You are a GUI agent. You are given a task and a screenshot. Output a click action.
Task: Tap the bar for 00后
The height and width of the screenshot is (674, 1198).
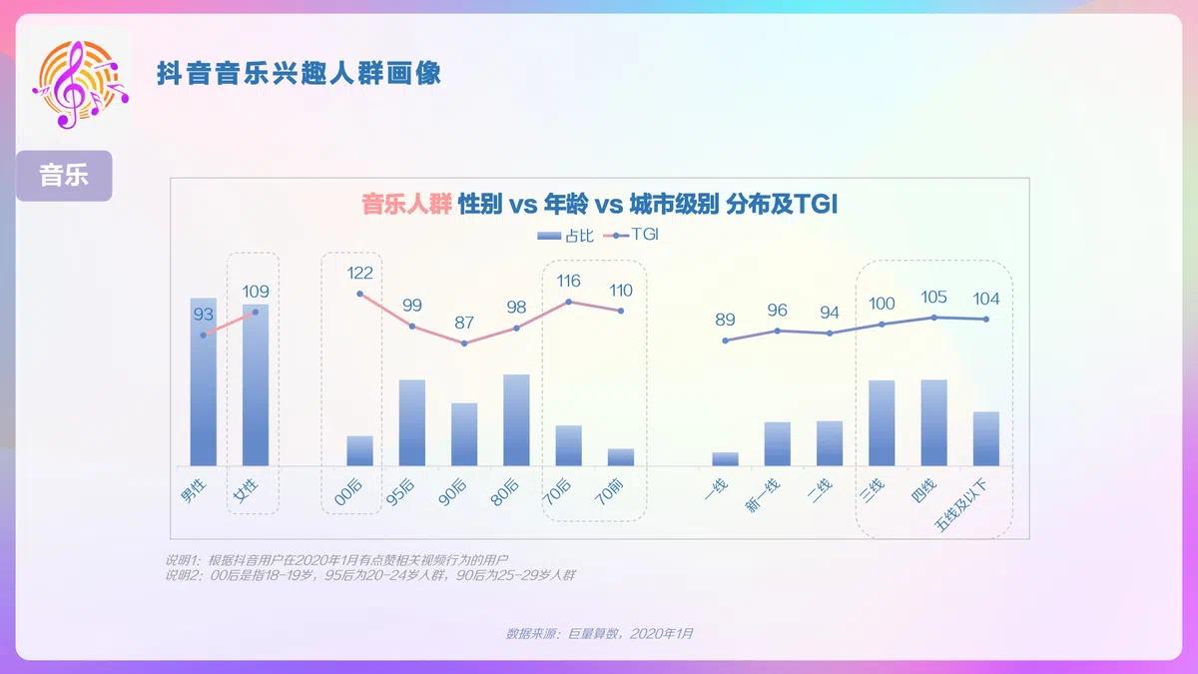coord(359,450)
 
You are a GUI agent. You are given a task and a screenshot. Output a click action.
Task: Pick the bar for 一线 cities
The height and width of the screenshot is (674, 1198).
coord(726,458)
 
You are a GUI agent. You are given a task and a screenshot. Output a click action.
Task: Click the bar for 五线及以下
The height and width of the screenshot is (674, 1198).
coord(986,438)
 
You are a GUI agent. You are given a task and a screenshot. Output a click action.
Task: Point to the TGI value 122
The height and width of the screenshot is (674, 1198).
coord(359,273)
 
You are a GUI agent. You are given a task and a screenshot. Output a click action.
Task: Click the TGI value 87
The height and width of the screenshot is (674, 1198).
coord(464,324)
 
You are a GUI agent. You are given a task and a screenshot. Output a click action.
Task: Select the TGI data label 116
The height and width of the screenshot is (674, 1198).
coord(568,281)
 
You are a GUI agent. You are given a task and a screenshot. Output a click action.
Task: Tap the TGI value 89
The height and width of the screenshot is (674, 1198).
coord(725,320)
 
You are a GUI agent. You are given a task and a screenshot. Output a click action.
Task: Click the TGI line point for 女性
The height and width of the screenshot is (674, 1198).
coord(256,313)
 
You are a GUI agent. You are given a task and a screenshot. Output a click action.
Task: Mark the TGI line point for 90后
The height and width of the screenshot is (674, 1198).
coord(464,343)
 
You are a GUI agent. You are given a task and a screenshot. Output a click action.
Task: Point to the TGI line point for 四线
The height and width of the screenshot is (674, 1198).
coord(934,318)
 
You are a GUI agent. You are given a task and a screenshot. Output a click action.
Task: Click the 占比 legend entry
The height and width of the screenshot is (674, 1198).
coord(565,236)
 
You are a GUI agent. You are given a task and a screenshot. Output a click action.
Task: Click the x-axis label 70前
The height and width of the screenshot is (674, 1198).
coord(609,493)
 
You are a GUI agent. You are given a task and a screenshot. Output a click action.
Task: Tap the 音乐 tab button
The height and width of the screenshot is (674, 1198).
coord(64,176)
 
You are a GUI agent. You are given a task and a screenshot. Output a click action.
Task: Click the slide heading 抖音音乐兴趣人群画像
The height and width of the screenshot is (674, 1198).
coord(299,74)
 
